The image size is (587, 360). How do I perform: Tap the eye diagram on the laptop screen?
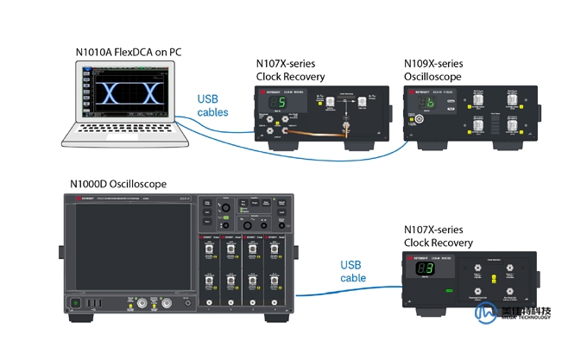click(129, 94)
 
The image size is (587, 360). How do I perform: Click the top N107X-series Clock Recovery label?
click(291, 70)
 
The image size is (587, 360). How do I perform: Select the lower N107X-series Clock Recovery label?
click(439, 236)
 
